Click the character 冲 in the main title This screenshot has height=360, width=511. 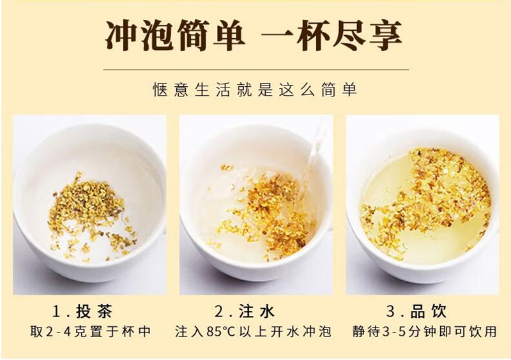pyautogui.click(x=122, y=35)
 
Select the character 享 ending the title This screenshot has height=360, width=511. pyautogui.click(x=385, y=35)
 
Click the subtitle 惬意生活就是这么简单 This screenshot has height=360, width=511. pyautogui.click(x=255, y=89)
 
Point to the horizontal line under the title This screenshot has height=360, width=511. pyautogui.click(x=256, y=70)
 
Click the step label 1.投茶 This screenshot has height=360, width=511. pyautogui.click(x=82, y=311)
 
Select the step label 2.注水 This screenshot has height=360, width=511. pyautogui.click(x=245, y=311)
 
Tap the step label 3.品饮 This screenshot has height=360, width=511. pyautogui.click(x=416, y=311)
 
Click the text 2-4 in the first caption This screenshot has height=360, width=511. pyautogui.click(x=58, y=332)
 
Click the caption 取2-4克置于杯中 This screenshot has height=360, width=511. pyautogui.click(x=91, y=332)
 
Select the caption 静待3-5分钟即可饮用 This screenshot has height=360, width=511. pyautogui.click(x=424, y=332)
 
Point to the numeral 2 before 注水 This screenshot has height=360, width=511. pyautogui.click(x=218, y=311)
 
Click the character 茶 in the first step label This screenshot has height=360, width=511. pyautogui.click(x=104, y=311)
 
